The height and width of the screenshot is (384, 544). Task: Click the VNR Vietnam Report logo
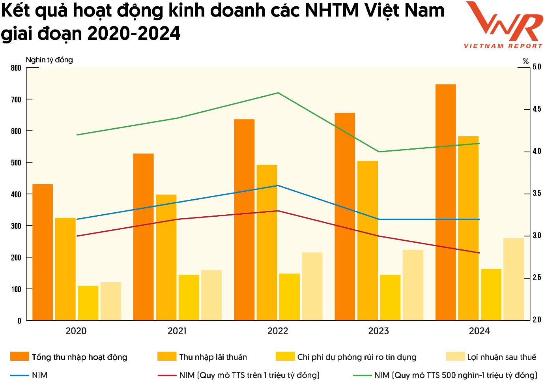pos(503,25)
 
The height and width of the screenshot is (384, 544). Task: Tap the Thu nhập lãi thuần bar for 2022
pos(267,242)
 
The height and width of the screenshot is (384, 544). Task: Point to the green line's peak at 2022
pos(278,93)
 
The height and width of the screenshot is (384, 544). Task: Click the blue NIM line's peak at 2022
pos(278,185)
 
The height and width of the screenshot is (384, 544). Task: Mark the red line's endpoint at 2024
pos(479,253)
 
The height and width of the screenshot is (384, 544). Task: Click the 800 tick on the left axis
pos(16,68)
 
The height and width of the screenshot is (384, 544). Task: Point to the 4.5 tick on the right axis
pos(537,109)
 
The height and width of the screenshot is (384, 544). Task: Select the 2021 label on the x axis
pos(177,331)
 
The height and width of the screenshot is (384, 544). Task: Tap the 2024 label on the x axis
pos(479,331)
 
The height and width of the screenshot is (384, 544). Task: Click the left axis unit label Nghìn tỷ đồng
pos(49,60)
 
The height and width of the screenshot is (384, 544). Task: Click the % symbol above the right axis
pos(525,61)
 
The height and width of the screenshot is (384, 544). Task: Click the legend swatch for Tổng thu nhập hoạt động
pos(20,357)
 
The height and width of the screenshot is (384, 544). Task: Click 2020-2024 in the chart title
pos(134,34)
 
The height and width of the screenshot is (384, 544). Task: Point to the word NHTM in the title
pos(331,11)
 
